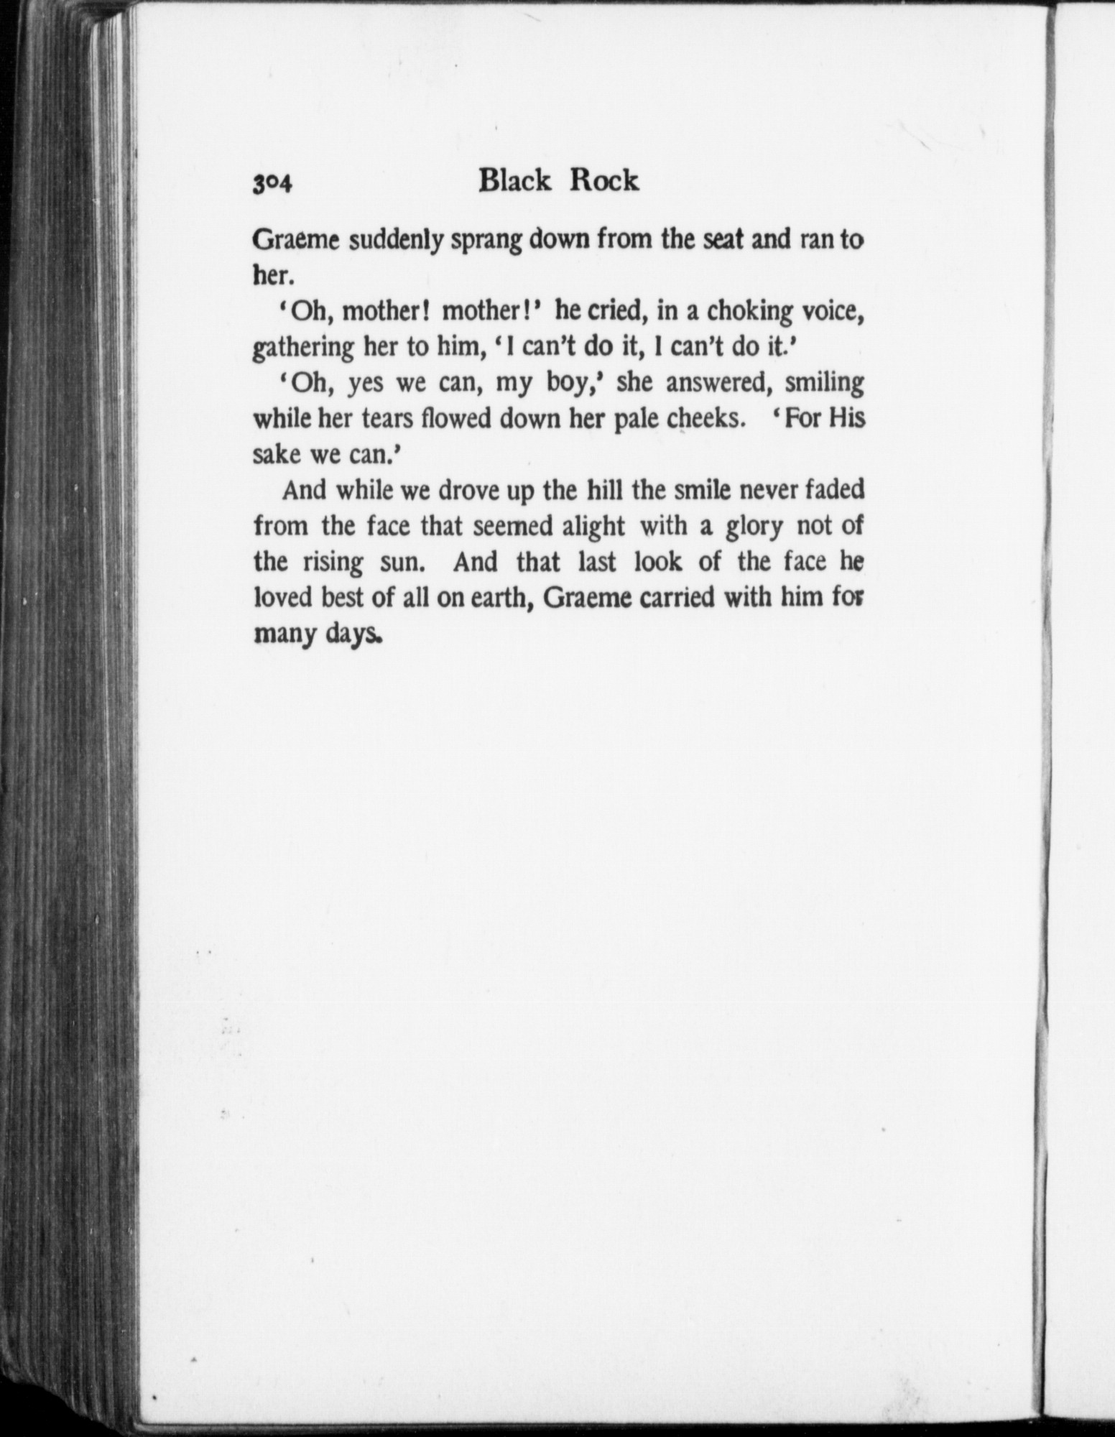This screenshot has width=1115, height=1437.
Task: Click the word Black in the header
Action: (514, 181)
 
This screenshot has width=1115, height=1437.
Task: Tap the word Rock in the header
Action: (603, 181)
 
